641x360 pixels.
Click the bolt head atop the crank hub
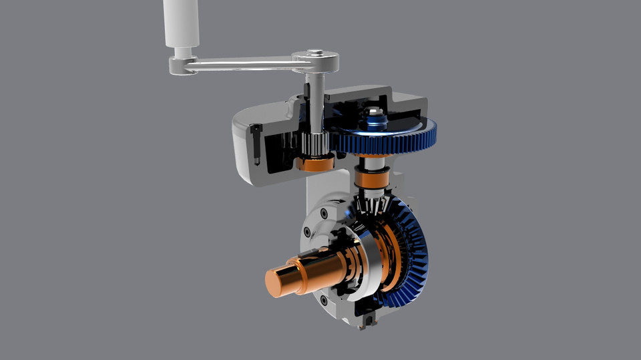tap(315, 52)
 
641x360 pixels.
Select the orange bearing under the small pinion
tap(314, 162)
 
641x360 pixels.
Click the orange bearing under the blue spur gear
tap(371, 178)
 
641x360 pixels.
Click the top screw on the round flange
tap(324, 214)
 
